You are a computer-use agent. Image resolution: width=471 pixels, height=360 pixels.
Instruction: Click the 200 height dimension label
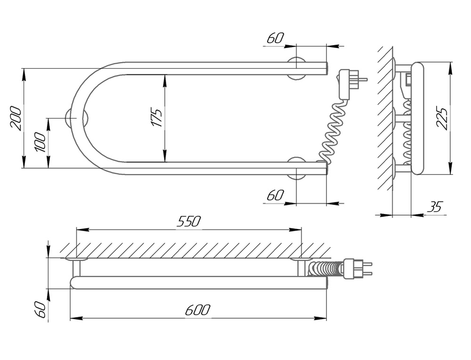pyautogui.click(x=15, y=119)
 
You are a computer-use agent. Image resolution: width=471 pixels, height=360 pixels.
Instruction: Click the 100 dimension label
pyautogui.click(x=41, y=143)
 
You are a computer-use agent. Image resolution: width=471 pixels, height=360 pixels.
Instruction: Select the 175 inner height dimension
pyautogui.click(x=157, y=118)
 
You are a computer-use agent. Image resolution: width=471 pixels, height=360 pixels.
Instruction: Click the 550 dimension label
pyautogui.click(x=188, y=221)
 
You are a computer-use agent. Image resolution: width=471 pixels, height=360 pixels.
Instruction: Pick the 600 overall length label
pyautogui.click(x=198, y=310)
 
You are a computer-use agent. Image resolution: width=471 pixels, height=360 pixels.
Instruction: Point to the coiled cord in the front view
pyautogui.click(x=334, y=132)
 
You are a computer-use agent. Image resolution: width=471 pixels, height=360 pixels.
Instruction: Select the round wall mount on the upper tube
pyautogui.click(x=297, y=68)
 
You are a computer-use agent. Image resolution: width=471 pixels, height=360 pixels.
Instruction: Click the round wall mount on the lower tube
pyautogui.click(x=297, y=168)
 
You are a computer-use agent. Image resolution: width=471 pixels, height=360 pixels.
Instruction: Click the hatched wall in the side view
pyautogui.click(x=385, y=118)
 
